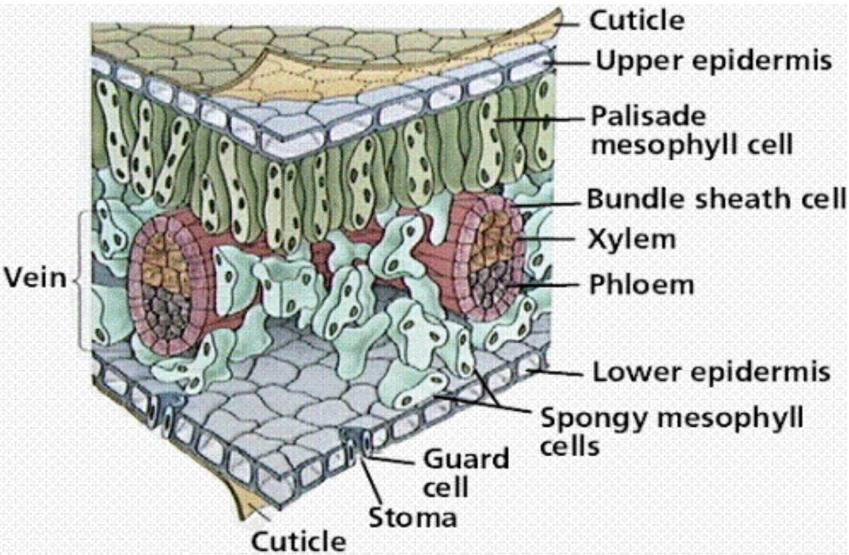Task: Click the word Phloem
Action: click(x=642, y=284)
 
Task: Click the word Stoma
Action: click(x=413, y=518)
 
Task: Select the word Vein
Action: click(x=35, y=278)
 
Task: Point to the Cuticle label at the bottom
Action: click(x=298, y=541)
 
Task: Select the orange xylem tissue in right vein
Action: click(x=496, y=234)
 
